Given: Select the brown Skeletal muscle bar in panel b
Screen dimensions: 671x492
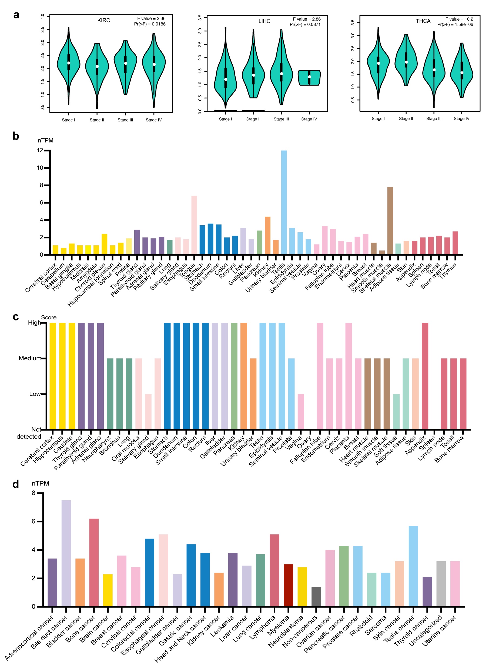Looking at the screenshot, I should point(390,221).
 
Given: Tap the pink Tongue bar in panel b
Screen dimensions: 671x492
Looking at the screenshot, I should point(194,225).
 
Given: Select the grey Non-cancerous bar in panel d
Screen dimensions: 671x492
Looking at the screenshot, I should point(316,596).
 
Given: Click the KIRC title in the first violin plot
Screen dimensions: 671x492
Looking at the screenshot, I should point(104,20).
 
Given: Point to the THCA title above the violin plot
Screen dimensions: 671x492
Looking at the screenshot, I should point(423,21).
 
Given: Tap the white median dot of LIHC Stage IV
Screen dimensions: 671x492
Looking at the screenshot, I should point(309,77).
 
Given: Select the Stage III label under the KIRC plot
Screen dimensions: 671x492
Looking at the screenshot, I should point(125,120).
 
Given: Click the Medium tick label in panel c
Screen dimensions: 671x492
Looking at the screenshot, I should point(29,358).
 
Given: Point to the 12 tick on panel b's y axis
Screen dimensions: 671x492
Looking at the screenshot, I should point(40,151).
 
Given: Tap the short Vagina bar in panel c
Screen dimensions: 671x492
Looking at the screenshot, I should point(301,412).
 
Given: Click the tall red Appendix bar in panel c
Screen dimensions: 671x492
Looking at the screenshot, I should point(425,376).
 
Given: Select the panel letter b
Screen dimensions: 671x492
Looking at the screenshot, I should point(16,136).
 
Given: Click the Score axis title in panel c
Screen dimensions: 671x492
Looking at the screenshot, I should point(49,317).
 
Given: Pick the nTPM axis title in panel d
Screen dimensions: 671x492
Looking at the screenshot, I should point(41,483).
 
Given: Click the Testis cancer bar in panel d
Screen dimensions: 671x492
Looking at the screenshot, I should point(413,566).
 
